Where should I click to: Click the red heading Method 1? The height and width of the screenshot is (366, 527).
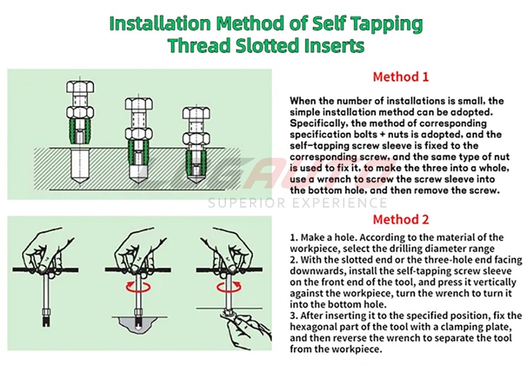[401, 77]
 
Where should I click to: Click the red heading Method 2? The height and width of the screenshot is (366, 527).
[401, 220]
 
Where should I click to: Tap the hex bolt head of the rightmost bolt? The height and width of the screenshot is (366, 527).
[197, 113]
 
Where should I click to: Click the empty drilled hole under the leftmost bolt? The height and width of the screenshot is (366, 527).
[81, 165]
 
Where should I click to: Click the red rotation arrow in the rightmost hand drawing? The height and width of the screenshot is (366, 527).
[229, 287]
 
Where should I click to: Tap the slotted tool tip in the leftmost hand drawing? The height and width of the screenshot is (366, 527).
[47, 316]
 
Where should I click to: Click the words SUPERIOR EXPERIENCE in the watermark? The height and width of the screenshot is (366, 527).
[297, 203]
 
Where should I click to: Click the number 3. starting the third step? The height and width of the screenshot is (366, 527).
[294, 315]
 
